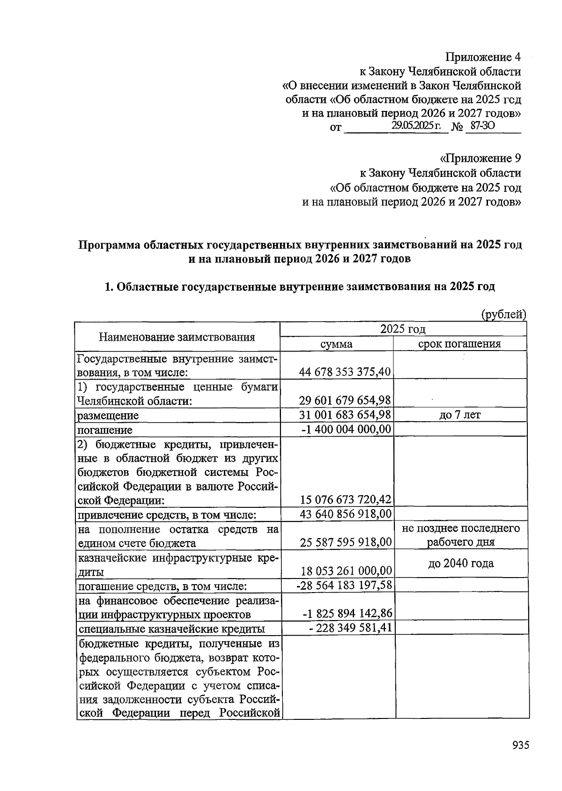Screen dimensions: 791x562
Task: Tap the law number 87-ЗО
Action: click(x=482, y=126)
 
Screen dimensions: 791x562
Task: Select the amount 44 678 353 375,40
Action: click(x=345, y=372)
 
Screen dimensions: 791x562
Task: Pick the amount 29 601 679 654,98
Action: click(x=345, y=401)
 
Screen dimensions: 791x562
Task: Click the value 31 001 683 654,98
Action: click(x=345, y=415)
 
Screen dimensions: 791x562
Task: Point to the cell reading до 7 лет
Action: click(x=460, y=415)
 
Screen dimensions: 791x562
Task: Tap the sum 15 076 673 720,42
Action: click(x=345, y=500)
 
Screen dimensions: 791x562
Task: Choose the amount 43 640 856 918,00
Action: click(x=345, y=514)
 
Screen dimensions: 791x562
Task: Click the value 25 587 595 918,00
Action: click(x=345, y=542)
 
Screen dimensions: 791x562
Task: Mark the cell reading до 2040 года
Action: click(x=461, y=564)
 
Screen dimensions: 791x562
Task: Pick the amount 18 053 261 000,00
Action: click(x=345, y=571)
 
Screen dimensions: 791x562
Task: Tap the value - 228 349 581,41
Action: click(x=350, y=628)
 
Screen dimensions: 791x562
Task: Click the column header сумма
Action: click(x=336, y=344)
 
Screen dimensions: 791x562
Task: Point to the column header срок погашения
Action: click(x=459, y=344)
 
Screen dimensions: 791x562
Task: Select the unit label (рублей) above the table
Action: click(x=504, y=315)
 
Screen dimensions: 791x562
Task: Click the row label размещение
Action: click(x=108, y=416)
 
